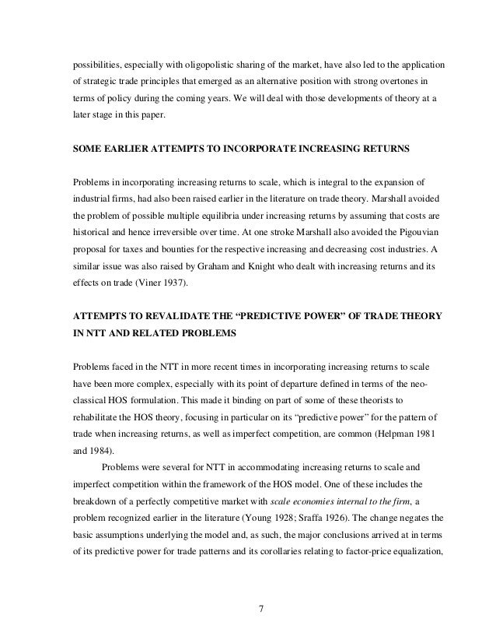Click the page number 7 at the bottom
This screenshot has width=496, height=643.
[260, 619]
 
